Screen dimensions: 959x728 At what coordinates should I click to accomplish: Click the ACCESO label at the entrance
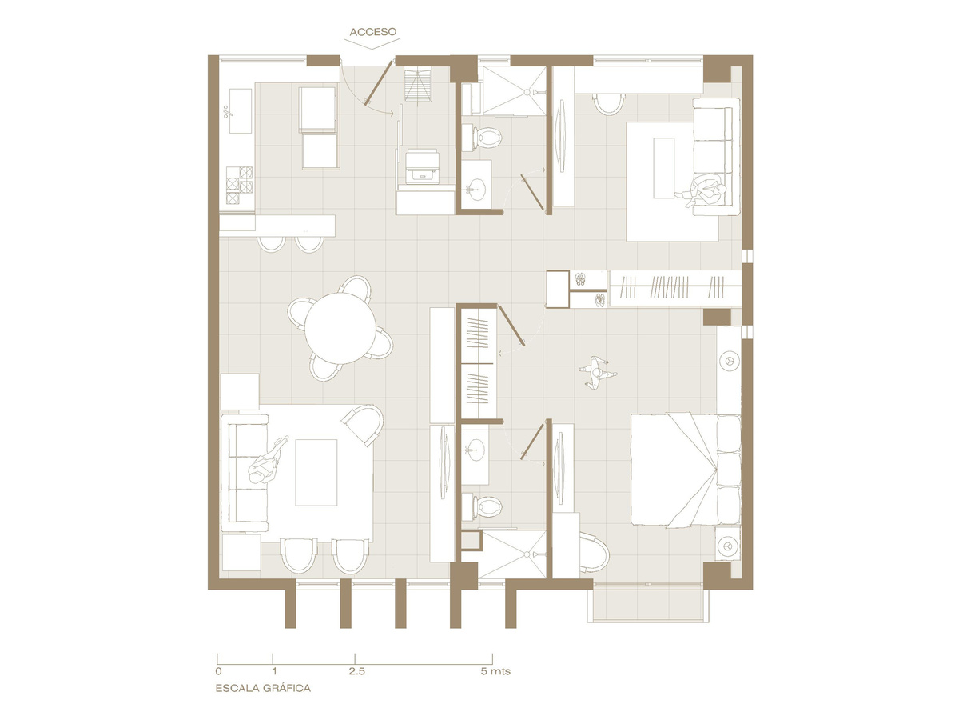pyautogui.click(x=372, y=32)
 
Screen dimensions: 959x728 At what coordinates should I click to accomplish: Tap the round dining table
pyautogui.click(x=340, y=328)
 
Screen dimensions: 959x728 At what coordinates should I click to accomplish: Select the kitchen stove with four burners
pyautogui.click(x=239, y=186)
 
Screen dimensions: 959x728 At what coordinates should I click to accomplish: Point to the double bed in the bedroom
pyautogui.click(x=685, y=470)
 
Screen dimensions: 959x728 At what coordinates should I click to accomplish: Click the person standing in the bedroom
pyautogui.click(x=597, y=373)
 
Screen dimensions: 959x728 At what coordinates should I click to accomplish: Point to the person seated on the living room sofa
pyautogui.click(x=268, y=462)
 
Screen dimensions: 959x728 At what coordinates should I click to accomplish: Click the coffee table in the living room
pyautogui.click(x=316, y=473)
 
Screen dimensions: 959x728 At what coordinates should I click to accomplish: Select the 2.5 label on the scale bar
pyautogui.click(x=356, y=671)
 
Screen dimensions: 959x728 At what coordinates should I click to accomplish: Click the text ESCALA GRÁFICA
pyautogui.click(x=263, y=688)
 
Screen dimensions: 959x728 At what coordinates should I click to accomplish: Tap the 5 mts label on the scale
pyautogui.click(x=495, y=671)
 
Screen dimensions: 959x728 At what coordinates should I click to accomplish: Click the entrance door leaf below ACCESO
pyautogui.click(x=378, y=83)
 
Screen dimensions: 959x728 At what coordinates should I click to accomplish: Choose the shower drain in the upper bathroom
pyautogui.click(x=527, y=92)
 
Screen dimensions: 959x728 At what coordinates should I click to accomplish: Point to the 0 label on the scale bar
pyautogui.click(x=218, y=671)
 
